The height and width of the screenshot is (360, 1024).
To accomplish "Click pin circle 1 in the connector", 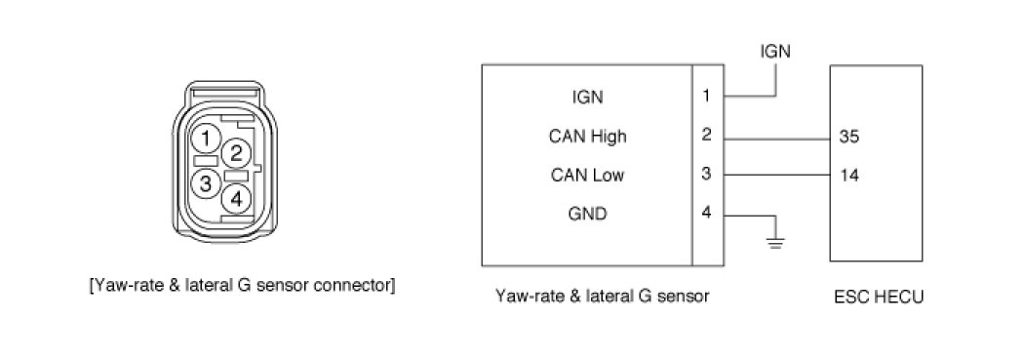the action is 206,139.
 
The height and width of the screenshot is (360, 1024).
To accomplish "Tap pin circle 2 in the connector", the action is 236,153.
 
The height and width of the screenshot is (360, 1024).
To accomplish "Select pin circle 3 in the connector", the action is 206,183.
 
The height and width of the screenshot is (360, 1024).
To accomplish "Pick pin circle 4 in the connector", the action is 236,199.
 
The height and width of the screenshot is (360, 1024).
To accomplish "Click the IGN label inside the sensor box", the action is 588,98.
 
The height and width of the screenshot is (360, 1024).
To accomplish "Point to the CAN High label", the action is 588,137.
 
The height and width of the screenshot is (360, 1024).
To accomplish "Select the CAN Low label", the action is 588,175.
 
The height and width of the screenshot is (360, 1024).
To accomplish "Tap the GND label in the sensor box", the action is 588,214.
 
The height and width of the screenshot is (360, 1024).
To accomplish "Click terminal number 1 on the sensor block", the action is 707,96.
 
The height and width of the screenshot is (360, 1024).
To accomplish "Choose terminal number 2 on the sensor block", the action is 707,136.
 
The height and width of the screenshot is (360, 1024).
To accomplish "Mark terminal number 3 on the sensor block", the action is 707,175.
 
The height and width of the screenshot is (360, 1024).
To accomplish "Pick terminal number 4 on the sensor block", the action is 707,214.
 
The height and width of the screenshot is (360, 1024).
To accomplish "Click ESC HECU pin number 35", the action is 849,139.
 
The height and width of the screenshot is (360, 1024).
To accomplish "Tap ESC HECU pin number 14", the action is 849,175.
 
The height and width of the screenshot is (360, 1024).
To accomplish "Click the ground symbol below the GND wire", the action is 775,242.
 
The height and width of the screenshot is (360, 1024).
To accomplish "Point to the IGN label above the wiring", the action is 775,52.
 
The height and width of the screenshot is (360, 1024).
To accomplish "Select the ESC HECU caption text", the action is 879,297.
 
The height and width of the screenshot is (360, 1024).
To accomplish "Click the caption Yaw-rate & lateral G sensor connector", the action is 242,286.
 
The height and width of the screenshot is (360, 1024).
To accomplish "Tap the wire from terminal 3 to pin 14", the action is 776,175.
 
